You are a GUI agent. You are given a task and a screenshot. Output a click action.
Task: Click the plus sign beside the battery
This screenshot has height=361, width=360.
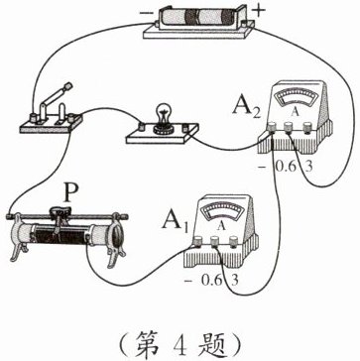pos(260,10)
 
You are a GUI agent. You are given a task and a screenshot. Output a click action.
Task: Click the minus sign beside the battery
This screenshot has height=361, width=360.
pos(145,13)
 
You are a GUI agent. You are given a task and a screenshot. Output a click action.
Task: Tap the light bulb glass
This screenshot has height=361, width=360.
pos(162,112)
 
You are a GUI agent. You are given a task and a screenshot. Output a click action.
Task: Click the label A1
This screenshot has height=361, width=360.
pos(176,220)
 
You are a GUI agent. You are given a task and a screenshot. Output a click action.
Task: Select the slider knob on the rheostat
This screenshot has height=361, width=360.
pos(60,211)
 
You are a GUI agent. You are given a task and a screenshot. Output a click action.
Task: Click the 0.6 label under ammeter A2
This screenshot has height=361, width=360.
pos(284,167)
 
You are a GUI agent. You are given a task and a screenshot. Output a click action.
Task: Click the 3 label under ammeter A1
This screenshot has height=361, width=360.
pos(235,281)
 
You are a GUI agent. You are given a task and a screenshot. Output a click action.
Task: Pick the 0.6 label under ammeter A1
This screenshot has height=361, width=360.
pos(210,281)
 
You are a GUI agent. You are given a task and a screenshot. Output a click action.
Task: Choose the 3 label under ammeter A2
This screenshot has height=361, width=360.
pos(308,167)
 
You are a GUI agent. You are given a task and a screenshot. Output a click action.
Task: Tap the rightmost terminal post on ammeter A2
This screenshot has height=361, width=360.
pos(308,127)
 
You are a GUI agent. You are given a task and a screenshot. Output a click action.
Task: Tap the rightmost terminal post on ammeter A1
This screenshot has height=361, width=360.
pos(234,241)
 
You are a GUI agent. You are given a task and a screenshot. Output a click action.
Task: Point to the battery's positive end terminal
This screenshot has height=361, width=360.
pos(245,24)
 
